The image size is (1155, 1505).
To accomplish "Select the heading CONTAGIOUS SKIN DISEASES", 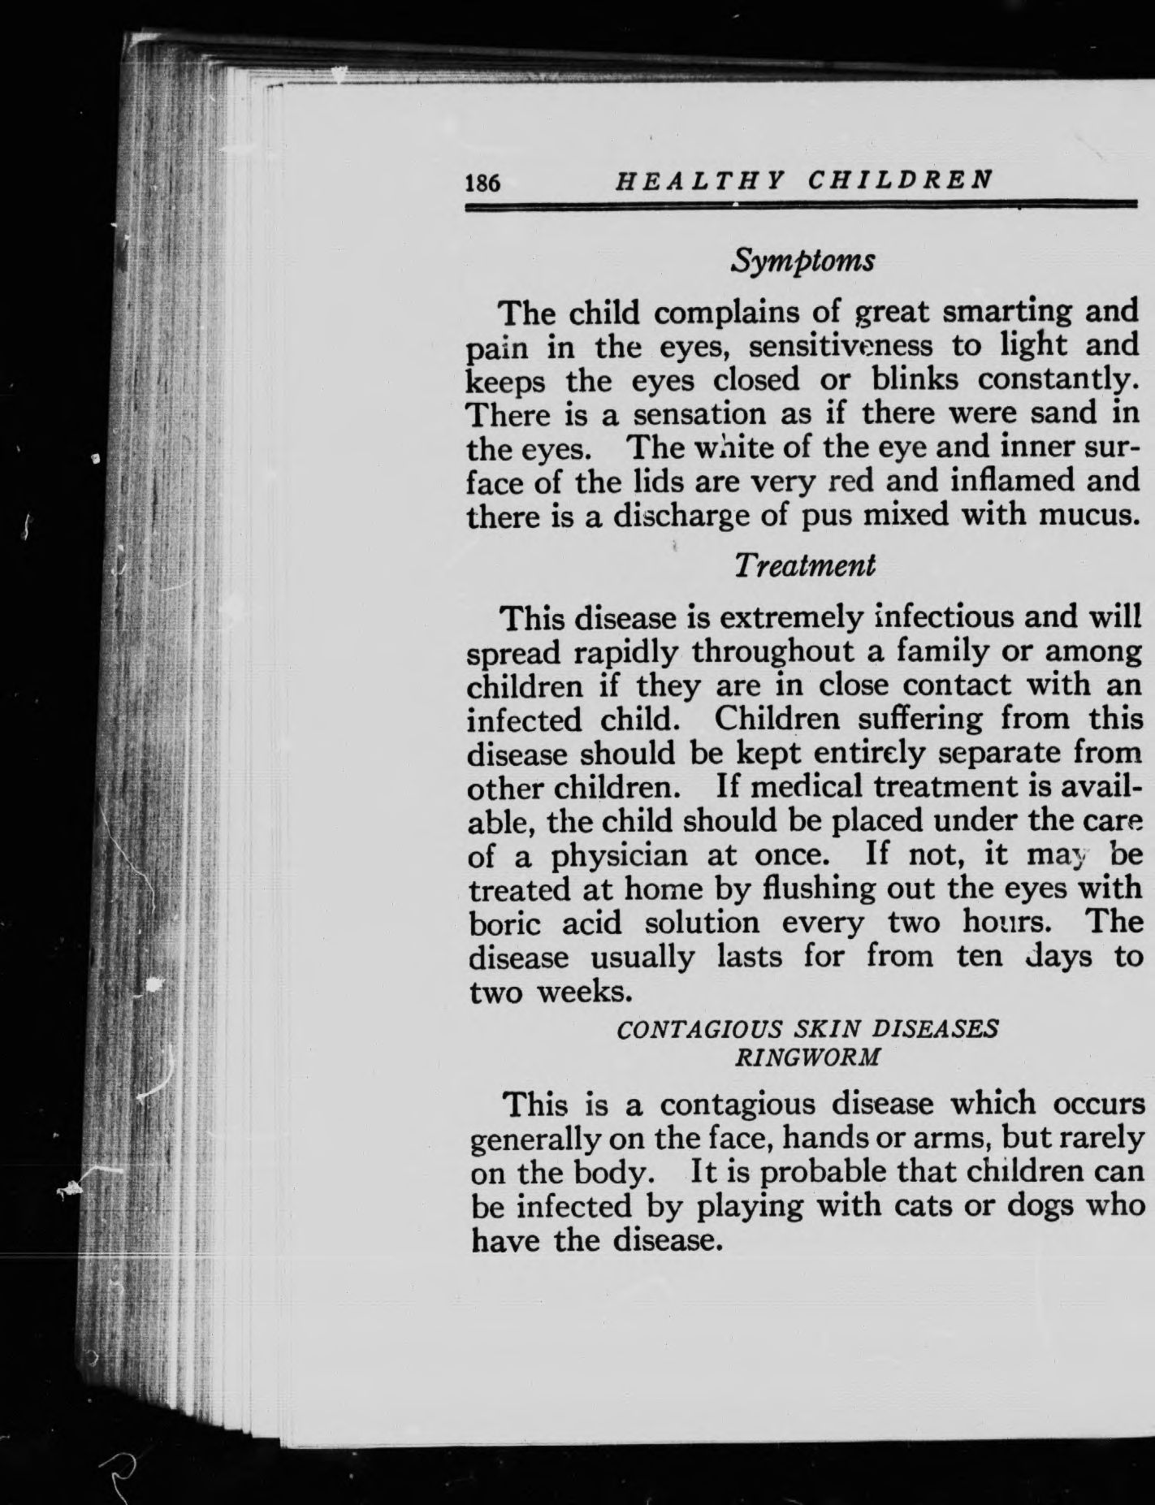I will coord(807,1029).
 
